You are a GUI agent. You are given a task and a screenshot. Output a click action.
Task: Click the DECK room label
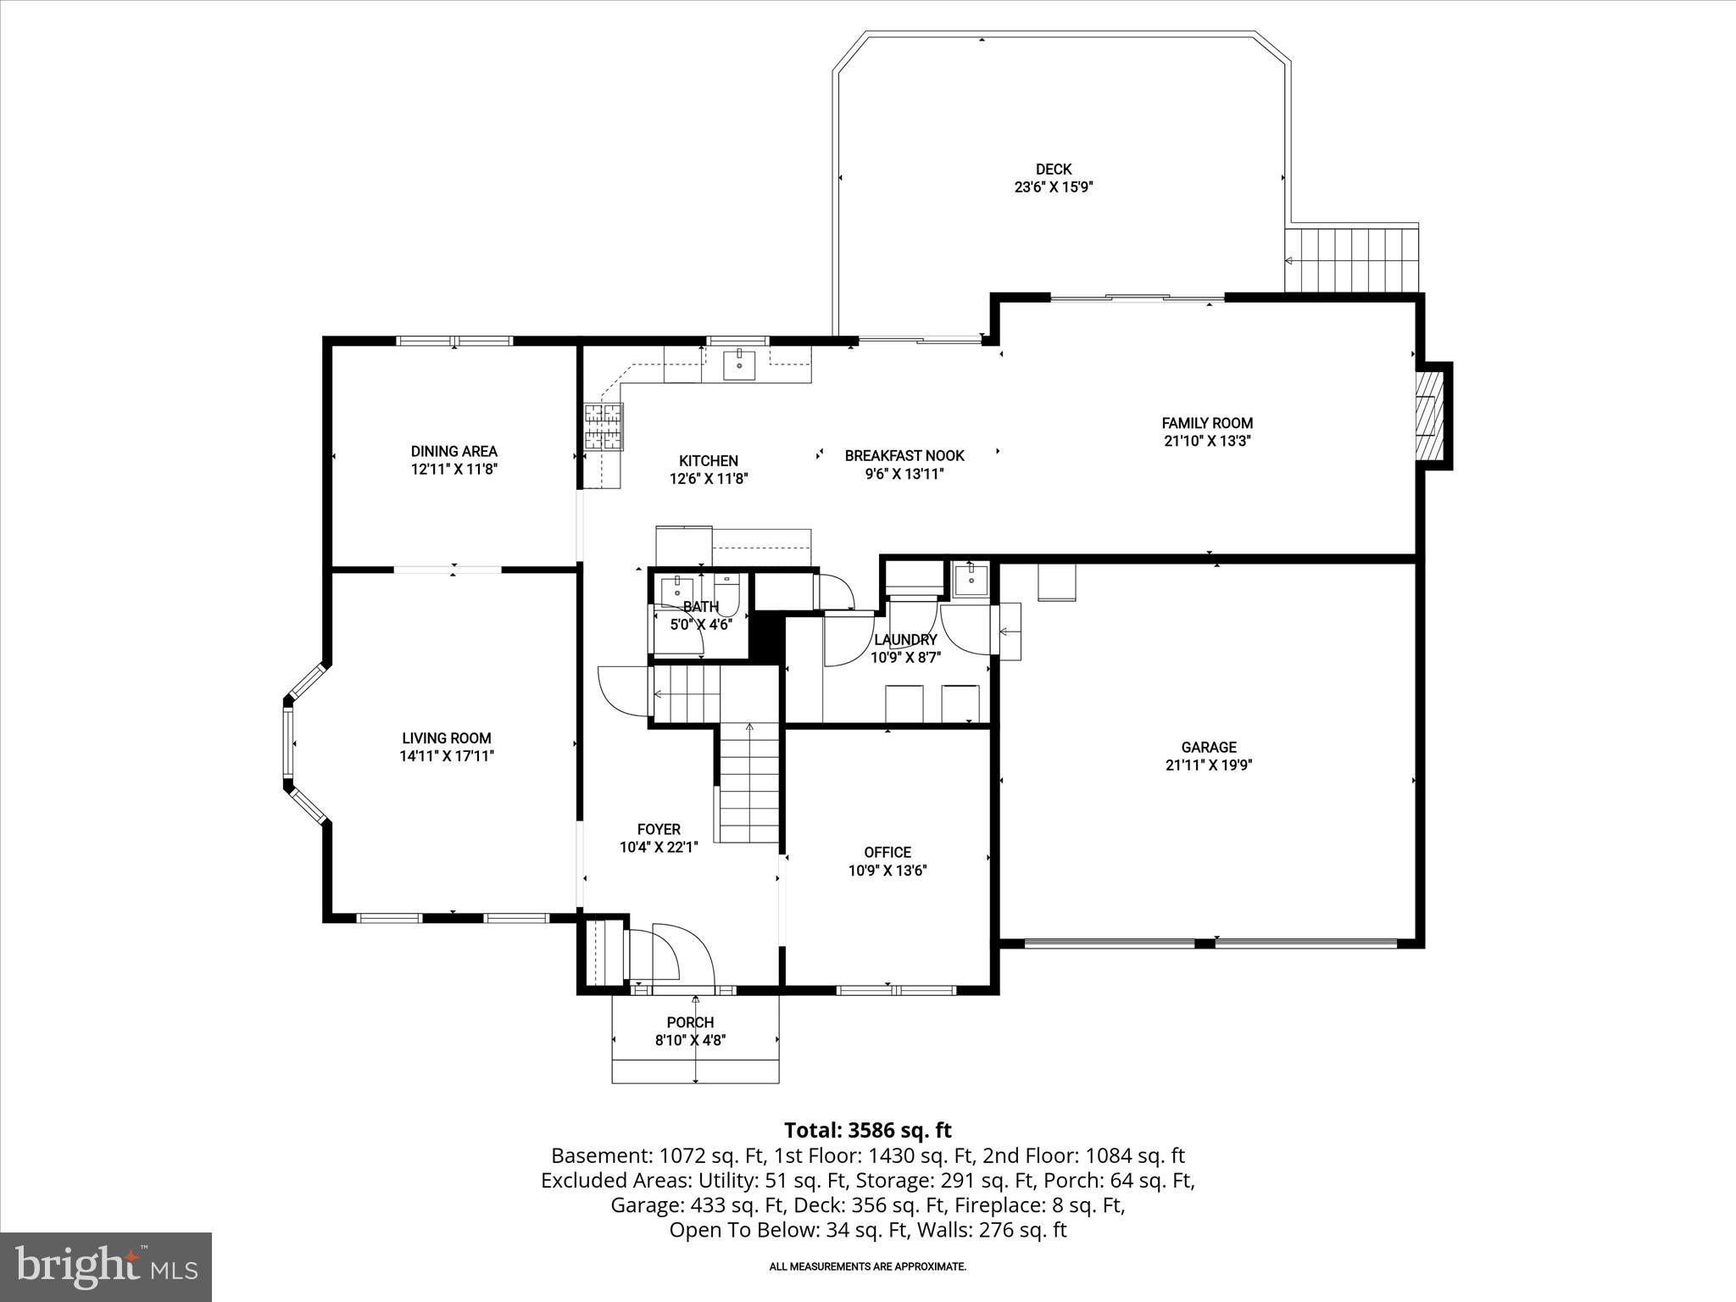tap(1054, 170)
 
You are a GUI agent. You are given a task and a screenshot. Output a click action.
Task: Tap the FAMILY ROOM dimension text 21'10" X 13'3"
tap(1207, 441)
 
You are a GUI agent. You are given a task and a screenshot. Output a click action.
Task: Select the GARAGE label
tap(1209, 747)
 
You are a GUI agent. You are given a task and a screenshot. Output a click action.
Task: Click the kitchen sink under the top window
tap(739, 365)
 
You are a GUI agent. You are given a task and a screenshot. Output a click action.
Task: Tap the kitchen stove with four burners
tap(603, 426)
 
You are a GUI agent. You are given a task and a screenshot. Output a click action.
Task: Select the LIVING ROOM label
tap(447, 738)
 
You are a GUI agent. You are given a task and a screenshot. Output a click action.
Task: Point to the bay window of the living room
tap(292, 743)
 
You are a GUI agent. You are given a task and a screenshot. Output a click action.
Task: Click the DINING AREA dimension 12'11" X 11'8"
tap(453, 469)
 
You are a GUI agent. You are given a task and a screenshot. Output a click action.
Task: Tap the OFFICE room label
tap(887, 852)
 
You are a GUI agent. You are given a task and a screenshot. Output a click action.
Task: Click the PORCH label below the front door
tap(690, 1022)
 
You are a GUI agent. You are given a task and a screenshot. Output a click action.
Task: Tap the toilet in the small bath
tap(727, 588)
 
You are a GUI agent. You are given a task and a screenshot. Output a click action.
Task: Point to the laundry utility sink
tap(967, 581)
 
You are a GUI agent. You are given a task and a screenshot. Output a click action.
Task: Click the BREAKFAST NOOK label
tap(904, 456)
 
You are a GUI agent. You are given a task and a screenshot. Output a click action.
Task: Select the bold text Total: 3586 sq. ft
tap(867, 1130)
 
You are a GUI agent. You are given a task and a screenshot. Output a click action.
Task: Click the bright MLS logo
tap(106, 1266)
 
